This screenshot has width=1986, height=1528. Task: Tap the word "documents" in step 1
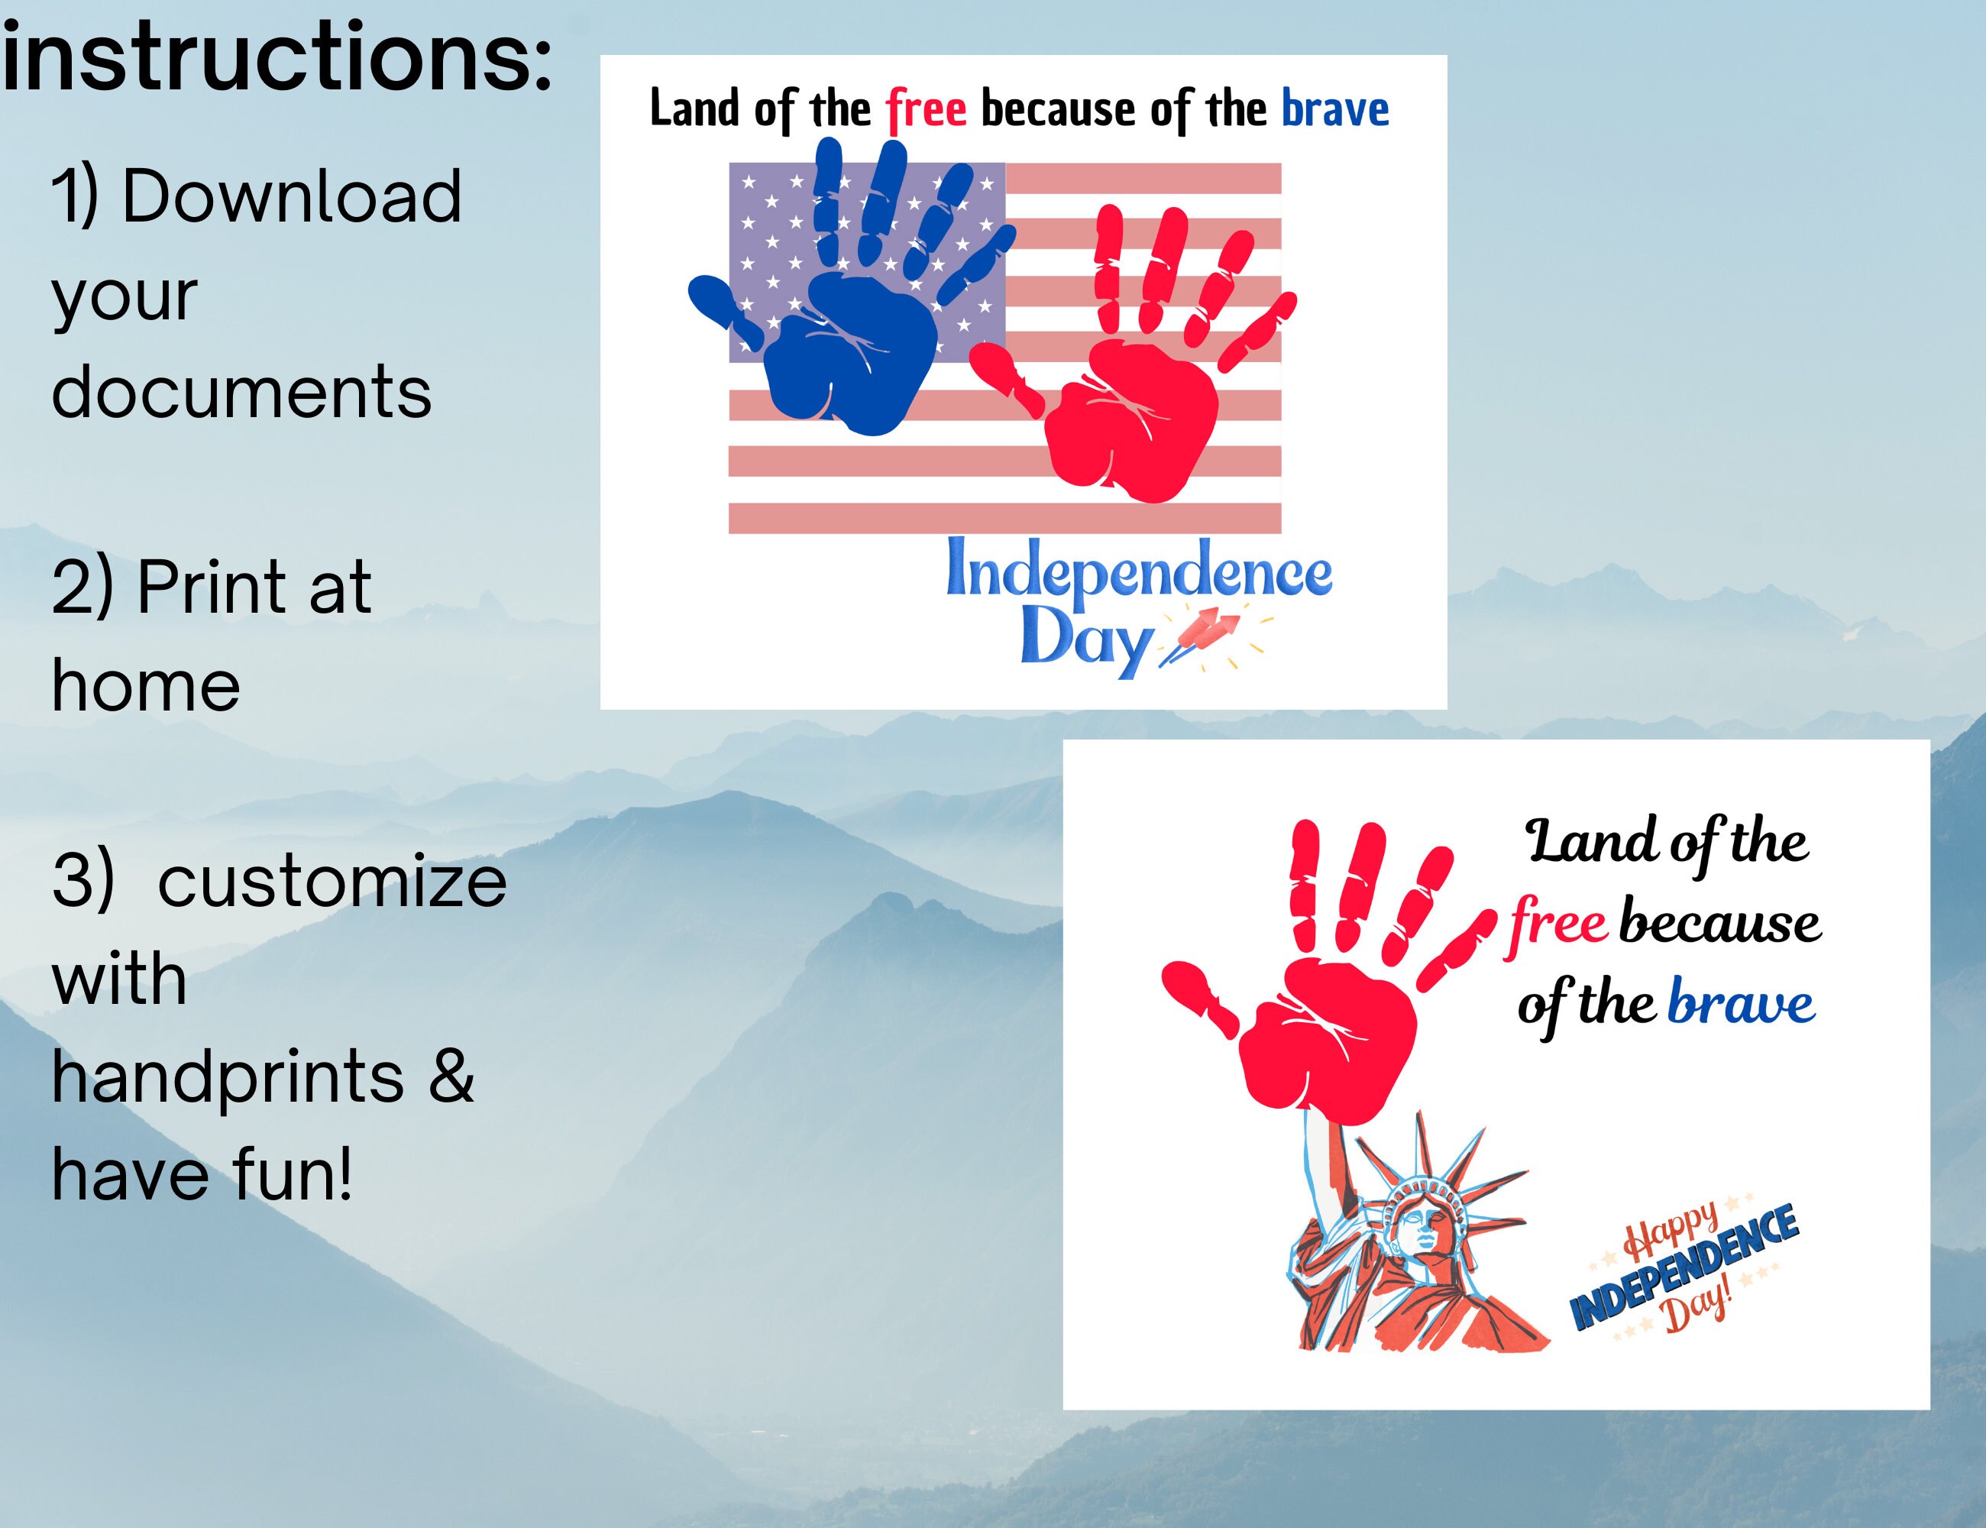(x=241, y=392)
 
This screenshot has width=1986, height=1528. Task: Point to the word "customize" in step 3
(x=332, y=882)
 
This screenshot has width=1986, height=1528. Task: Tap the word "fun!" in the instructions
(x=292, y=1174)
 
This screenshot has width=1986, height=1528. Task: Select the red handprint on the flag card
(x=1132, y=410)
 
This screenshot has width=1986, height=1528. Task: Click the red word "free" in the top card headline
(x=926, y=109)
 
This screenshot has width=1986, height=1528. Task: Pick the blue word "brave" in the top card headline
(x=1335, y=109)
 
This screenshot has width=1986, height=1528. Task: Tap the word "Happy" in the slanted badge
(x=1671, y=1229)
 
